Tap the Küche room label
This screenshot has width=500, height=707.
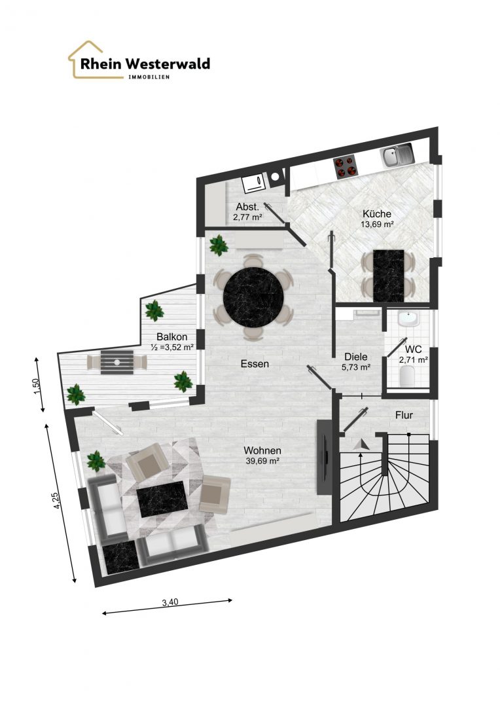[377, 213]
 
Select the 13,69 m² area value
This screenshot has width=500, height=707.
[378, 224]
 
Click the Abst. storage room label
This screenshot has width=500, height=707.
[247, 207]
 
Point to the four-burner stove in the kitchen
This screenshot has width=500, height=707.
[346, 168]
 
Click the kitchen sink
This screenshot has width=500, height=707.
[397, 156]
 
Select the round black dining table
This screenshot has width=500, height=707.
[255, 296]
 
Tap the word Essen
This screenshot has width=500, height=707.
[255, 363]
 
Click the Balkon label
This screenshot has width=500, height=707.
[171, 336]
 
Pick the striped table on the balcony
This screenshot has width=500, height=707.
[117, 361]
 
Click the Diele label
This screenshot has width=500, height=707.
[356, 357]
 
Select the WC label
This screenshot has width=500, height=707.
[414, 350]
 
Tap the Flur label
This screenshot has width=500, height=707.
[404, 415]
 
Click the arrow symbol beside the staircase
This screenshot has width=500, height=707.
[362, 444]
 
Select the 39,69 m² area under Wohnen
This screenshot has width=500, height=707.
[262, 461]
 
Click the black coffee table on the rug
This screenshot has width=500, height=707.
[162, 499]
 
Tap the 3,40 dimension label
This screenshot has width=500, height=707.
[170, 602]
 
